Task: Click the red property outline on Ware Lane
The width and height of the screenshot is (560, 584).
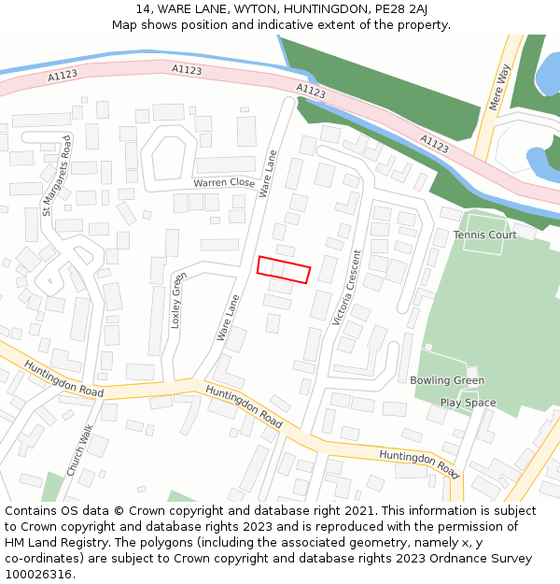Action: [283, 269]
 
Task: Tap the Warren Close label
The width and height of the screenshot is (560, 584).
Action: [224, 183]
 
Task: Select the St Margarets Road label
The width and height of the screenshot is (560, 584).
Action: [56, 175]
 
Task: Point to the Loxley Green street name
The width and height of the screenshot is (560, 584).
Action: [177, 299]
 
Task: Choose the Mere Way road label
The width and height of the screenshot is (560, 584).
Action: [500, 87]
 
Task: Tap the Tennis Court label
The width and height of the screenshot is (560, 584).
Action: [484, 235]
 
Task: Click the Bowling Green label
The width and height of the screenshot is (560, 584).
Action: [447, 380]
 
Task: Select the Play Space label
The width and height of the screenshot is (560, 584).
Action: [468, 403]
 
